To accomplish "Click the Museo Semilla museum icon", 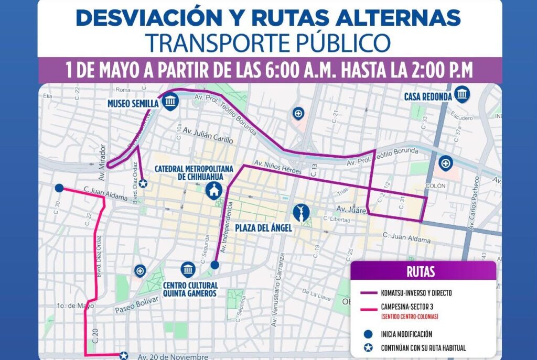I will [169, 102].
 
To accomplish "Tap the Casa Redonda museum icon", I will [462, 95].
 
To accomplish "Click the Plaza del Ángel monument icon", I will [302, 212].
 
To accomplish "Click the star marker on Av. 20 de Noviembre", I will [124, 355].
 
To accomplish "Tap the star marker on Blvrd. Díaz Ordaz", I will [142, 183].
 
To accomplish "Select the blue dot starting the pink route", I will [59, 188].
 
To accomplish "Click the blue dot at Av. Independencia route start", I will [214, 265].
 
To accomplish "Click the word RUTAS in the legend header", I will [421, 272].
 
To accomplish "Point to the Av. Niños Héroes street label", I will [278, 167].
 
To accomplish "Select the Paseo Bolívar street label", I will [136, 304].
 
